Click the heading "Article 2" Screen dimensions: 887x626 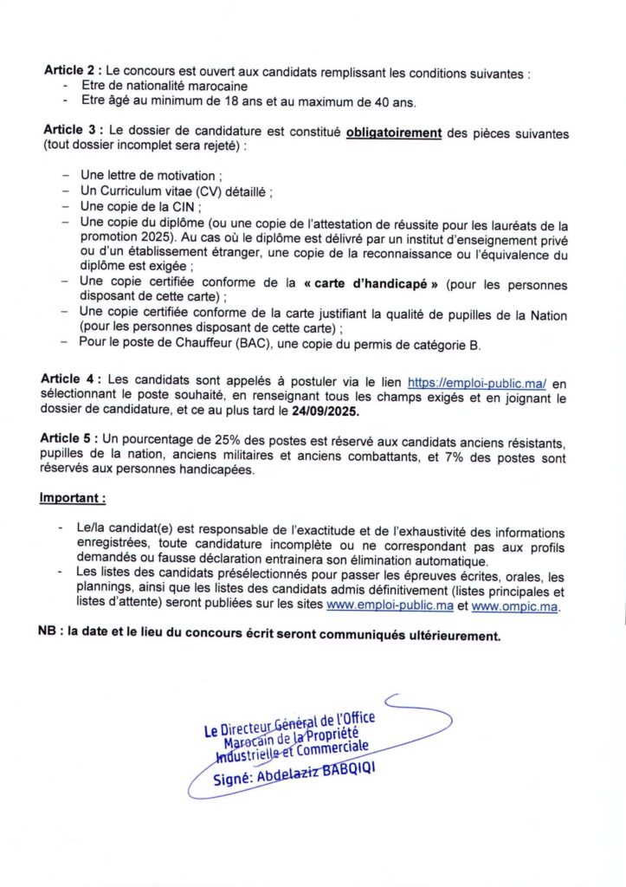pos(70,74)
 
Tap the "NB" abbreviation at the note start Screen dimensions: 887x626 pos(49,635)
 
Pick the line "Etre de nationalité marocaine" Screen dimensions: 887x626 pos(165,87)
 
